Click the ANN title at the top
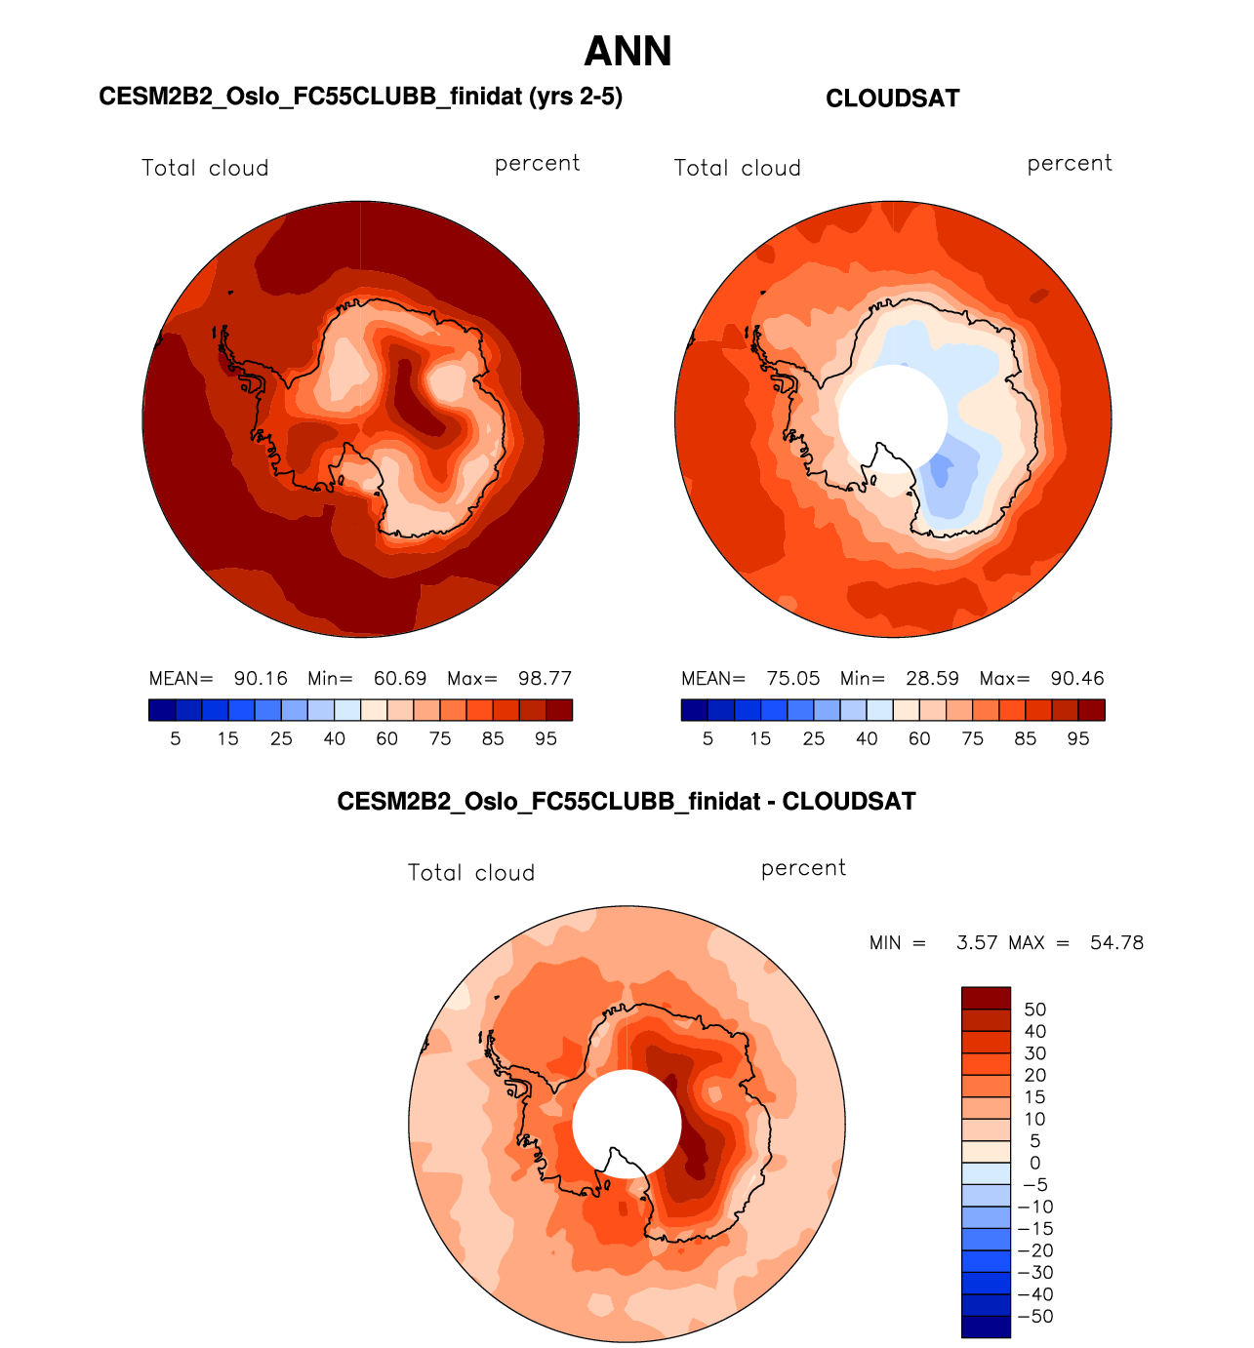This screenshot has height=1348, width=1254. (627, 52)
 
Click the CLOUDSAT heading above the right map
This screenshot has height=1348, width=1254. (892, 99)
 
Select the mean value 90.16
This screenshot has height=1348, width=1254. (261, 679)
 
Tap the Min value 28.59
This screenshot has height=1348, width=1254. (932, 679)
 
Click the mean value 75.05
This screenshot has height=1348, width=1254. (793, 679)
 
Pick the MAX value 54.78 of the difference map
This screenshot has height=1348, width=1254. (1116, 943)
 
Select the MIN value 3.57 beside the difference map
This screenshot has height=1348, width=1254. (977, 943)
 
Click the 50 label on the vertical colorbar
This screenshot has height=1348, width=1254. (1034, 1010)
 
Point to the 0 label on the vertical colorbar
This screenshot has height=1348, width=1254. (1034, 1163)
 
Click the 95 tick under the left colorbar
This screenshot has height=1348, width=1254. (546, 739)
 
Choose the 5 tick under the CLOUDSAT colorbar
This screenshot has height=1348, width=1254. (708, 739)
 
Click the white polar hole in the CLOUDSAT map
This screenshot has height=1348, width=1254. (892, 417)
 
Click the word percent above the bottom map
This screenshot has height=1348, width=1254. (803, 868)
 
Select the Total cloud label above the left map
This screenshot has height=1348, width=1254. (205, 168)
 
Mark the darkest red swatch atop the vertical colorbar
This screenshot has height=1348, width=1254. (986, 998)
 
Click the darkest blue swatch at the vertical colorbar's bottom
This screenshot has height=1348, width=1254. (986, 1327)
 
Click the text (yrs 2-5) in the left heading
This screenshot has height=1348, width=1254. (575, 97)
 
